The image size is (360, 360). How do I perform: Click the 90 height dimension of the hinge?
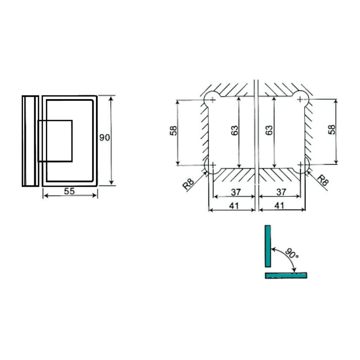tap(105, 138)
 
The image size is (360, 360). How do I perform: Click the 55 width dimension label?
tap(69, 191)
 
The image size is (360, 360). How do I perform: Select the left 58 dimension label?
tap(174, 130)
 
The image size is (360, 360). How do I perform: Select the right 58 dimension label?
tap(332, 130)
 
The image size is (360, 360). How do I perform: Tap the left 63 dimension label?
tap(234, 130)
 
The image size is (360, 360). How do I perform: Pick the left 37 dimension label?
tap(236, 192)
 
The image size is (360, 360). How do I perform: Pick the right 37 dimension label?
tap(281, 192)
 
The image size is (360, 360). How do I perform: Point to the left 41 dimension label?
tap(234, 206)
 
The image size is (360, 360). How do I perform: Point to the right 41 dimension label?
tap(279, 206)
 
